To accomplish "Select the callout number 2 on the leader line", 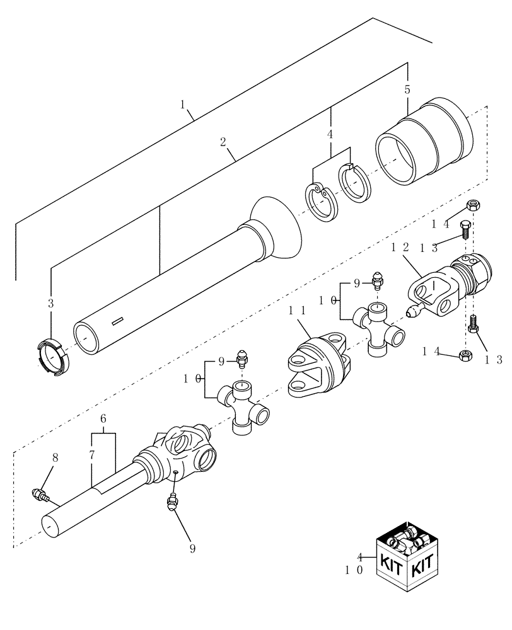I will [223, 142].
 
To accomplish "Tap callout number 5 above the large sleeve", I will [407, 89].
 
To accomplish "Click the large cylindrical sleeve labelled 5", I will [424, 145].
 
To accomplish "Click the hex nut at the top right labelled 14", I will [474, 206].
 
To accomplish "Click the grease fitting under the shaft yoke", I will [170, 503].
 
